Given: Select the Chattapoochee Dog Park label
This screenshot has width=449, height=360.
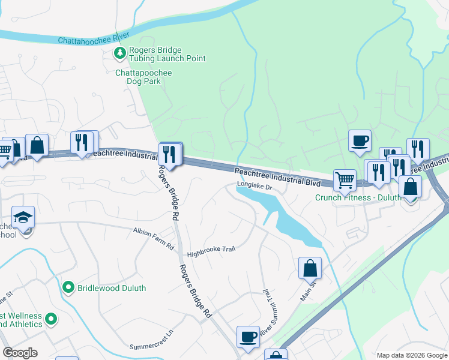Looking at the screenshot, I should [143, 77].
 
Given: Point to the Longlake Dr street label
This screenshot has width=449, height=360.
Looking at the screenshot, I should [255, 187].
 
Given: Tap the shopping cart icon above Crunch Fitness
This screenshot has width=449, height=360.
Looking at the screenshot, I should [345, 179].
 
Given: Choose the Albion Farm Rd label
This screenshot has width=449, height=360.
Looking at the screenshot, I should [153, 230].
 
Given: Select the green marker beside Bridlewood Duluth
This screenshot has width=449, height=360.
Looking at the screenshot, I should [69, 288].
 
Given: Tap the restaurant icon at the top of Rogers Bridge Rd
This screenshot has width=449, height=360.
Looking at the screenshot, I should [170, 154].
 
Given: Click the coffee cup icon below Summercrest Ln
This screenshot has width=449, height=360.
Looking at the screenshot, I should [248, 337].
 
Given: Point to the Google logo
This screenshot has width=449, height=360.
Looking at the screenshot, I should [20, 353].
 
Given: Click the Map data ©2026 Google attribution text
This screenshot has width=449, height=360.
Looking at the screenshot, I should [411, 355].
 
